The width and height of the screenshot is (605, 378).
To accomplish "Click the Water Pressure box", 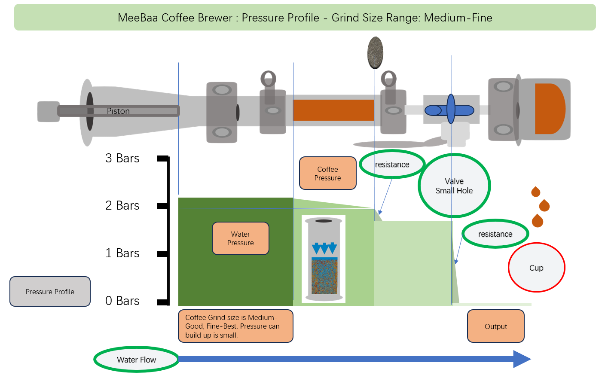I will [x=241, y=238].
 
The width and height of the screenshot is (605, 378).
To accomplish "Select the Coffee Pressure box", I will [x=328, y=173].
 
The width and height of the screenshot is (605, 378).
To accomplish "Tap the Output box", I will [x=496, y=326].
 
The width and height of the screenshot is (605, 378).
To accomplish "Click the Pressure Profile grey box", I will [x=50, y=291].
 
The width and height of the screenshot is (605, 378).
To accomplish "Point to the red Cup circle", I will [x=536, y=268].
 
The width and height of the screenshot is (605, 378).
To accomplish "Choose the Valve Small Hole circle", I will [x=454, y=186].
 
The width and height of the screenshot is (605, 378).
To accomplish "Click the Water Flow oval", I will [x=136, y=360].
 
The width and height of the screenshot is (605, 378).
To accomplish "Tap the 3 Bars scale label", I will [x=122, y=158].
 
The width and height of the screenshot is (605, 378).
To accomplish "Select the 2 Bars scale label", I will [x=122, y=205].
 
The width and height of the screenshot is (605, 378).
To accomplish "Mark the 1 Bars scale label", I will [x=122, y=253].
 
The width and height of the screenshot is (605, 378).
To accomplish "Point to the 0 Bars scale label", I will [x=122, y=301].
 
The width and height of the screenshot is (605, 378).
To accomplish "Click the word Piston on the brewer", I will [x=118, y=111].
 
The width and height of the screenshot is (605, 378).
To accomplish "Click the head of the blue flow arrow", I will [x=522, y=359].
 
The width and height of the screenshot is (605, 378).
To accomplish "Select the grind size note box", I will [x=235, y=326].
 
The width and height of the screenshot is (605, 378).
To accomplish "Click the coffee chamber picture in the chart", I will [x=324, y=259].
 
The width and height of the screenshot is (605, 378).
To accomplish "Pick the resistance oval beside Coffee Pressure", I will [x=392, y=164].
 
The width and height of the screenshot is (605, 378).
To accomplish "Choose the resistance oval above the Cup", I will [x=495, y=234].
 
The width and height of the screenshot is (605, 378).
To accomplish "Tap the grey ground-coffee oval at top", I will [x=375, y=52].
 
